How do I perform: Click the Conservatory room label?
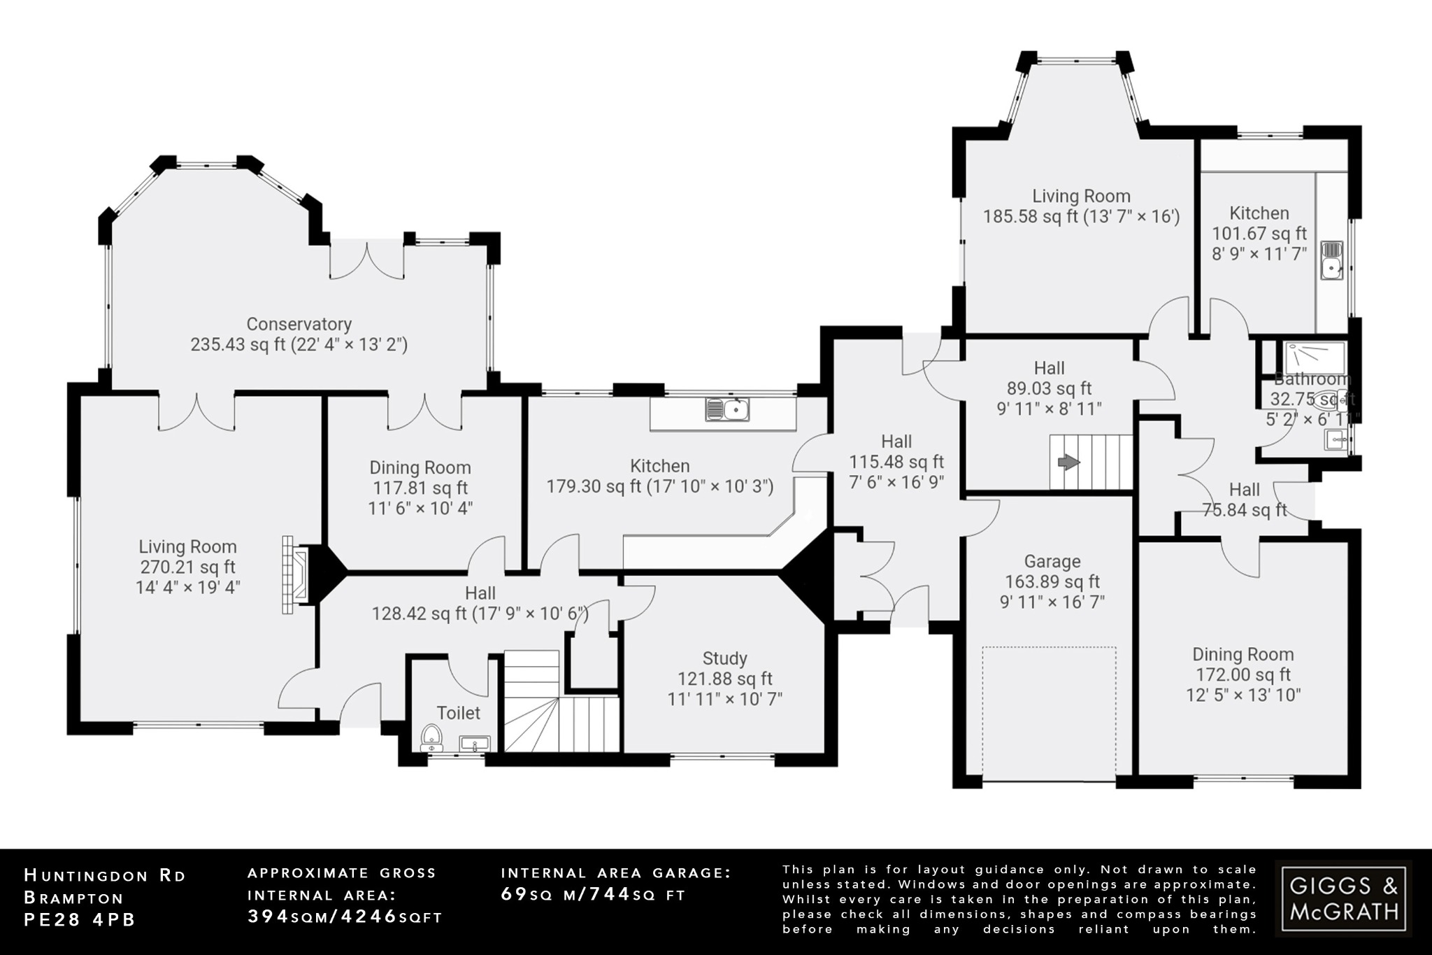[299, 324]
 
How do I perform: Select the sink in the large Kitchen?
[728, 409]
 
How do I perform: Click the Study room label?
[724, 658]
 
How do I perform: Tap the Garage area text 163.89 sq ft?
[1052, 581]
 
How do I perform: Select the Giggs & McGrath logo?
[1342, 898]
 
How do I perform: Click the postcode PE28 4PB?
[80, 919]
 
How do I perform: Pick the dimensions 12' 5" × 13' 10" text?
[1243, 695]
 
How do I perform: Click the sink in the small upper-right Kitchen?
[1331, 260]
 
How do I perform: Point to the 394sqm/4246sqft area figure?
[345, 917]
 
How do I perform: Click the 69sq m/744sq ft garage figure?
[593, 894]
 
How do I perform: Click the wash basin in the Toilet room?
[475, 744]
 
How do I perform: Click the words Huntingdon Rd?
[105, 875]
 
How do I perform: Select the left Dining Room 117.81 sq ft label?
[420, 488]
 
